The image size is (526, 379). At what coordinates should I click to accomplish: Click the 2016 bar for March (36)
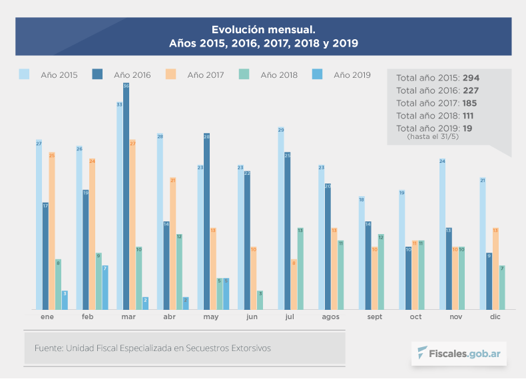click(x=127, y=196)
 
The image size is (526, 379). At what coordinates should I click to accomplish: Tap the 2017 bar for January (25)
click(x=52, y=230)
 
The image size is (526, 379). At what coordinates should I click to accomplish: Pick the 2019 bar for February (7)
click(x=105, y=287)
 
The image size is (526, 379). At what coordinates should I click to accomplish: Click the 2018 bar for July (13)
click(x=300, y=268)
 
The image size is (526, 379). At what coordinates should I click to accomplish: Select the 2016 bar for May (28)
click(x=207, y=221)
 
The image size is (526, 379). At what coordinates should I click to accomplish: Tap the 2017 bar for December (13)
click(x=495, y=268)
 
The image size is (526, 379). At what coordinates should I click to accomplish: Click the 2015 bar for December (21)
click(x=483, y=243)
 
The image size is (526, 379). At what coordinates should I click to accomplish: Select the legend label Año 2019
click(x=352, y=75)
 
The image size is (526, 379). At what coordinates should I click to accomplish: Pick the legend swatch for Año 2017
click(x=172, y=74)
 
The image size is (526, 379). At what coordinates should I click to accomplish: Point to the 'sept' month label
click(x=374, y=317)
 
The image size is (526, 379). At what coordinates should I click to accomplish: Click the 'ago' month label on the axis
click(x=330, y=317)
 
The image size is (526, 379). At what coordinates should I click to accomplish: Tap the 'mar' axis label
click(x=129, y=317)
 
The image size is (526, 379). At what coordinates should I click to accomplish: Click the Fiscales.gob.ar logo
click(x=459, y=352)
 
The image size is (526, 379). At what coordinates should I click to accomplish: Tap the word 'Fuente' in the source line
click(x=47, y=348)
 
